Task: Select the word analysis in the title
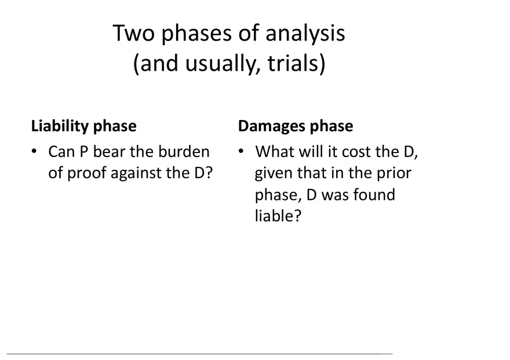305,34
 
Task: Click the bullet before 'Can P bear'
35,152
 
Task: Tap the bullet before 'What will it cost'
241,152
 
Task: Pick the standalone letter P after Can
83,152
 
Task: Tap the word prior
394,173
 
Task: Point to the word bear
108,152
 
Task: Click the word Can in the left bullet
61,152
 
